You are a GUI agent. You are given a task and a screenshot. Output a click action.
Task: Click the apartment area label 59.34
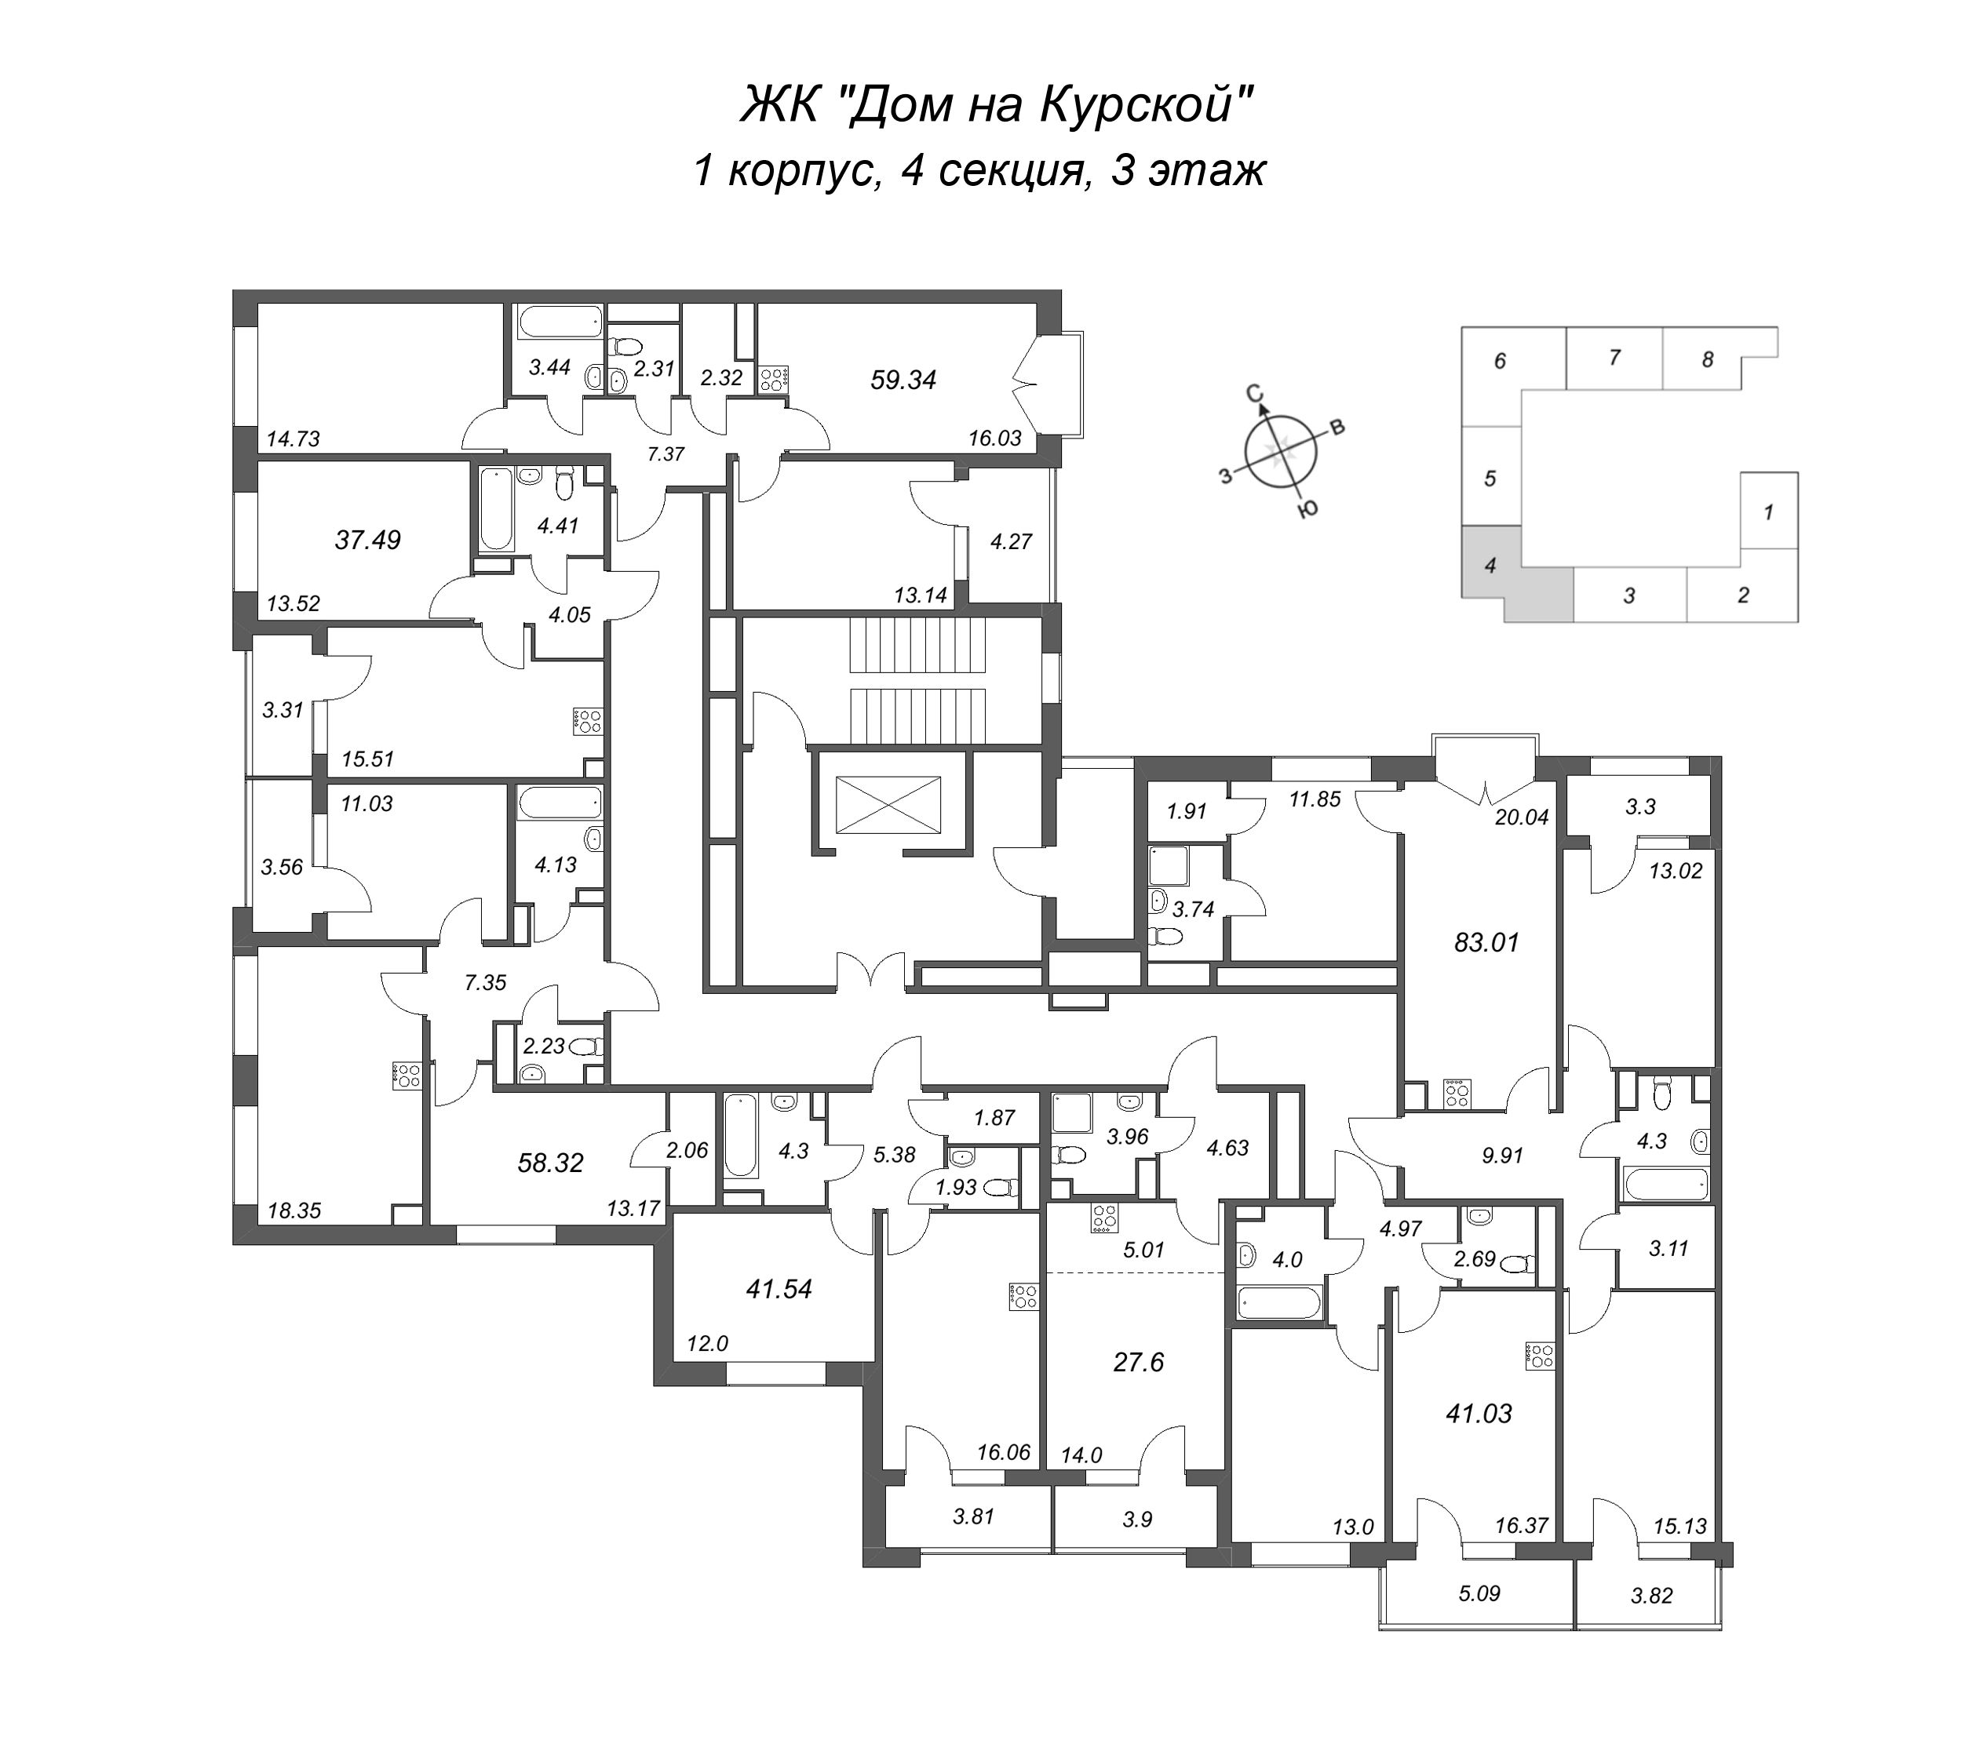tap(903, 380)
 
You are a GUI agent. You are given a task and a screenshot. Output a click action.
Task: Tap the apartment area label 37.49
tap(367, 541)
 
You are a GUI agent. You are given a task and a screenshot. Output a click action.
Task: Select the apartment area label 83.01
tap(1486, 943)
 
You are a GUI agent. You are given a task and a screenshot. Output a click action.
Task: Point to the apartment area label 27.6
tap(1138, 1363)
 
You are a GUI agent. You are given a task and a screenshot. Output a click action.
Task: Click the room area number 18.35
tap(294, 1211)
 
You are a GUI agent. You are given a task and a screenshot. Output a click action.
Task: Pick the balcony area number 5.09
tap(1479, 1593)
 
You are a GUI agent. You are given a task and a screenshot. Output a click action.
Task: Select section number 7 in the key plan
tap(1614, 357)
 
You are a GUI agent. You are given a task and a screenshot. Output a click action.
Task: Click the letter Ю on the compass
tap(1307, 510)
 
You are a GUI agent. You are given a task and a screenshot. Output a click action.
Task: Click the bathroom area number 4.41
tap(557, 526)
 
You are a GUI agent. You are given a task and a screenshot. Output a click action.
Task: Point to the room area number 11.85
tap(1315, 799)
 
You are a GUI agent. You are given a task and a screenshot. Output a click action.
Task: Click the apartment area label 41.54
tap(779, 1288)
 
